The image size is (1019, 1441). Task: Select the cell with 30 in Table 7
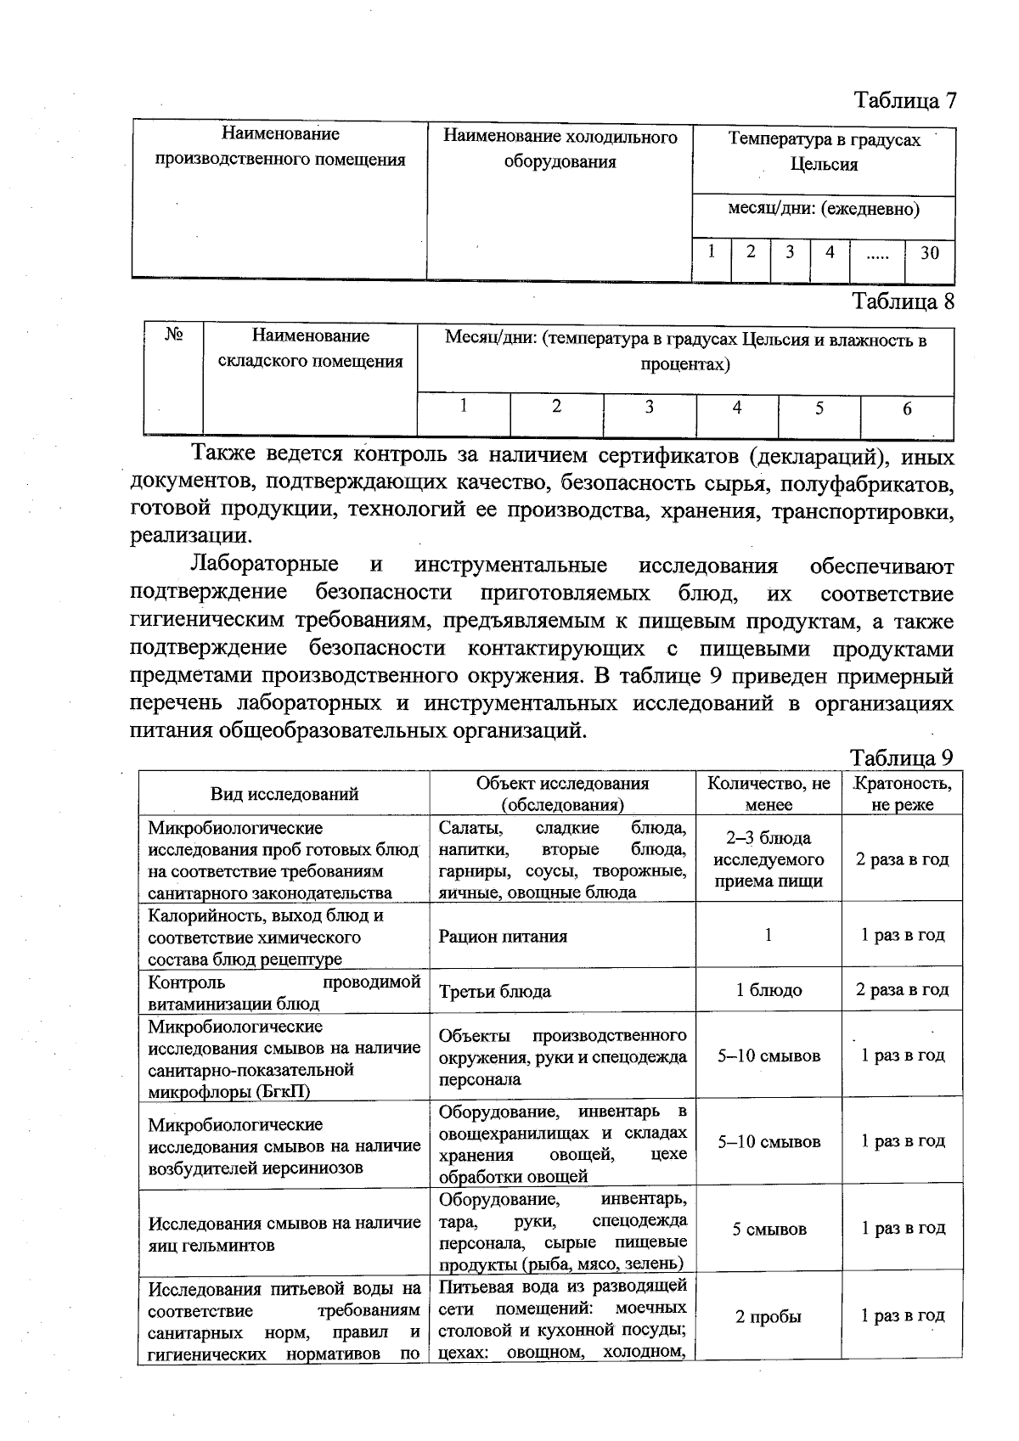click(x=929, y=252)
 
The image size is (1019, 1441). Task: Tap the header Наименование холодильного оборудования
click(x=560, y=149)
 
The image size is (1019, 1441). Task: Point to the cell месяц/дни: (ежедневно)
click(x=824, y=209)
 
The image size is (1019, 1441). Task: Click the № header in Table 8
click(x=174, y=336)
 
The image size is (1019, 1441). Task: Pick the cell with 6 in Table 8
click(x=907, y=408)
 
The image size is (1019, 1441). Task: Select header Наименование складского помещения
click(x=310, y=349)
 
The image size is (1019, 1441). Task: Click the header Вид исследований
click(x=284, y=794)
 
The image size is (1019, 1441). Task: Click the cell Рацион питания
click(x=503, y=937)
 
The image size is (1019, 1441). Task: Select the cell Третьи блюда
click(x=494, y=991)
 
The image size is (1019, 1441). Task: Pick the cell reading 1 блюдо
click(x=768, y=990)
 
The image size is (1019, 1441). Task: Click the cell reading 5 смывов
click(x=769, y=1229)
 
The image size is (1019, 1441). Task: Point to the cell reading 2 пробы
click(x=768, y=1317)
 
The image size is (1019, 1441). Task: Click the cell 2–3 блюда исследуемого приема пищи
click(x=768, y=859)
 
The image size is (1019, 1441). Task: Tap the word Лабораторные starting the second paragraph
click(x=264, y=566)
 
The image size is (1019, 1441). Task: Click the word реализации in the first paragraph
click(x=190, y=536)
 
